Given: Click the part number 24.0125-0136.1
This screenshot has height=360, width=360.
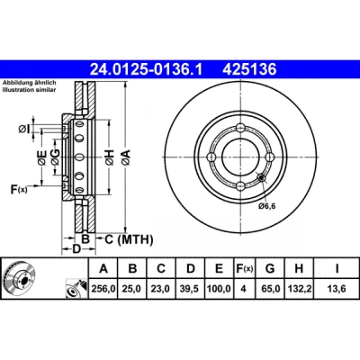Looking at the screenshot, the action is tap(147, 69).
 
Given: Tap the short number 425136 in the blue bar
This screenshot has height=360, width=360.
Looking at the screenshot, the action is tap(249, 69).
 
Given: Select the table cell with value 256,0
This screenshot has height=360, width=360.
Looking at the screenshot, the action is tap(103, 289).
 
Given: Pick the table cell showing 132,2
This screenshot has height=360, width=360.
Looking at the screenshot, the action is tap(299, 289).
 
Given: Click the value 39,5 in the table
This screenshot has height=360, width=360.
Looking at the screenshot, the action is tap(190, 289).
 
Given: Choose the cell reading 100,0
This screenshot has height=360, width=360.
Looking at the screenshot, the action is tap(219, 289).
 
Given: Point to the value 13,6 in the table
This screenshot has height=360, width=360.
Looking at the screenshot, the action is tap(337, 289).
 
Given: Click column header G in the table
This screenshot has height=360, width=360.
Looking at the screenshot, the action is tap(270, 268).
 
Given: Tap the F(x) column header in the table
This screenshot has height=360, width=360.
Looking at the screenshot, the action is tap(245, 268).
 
